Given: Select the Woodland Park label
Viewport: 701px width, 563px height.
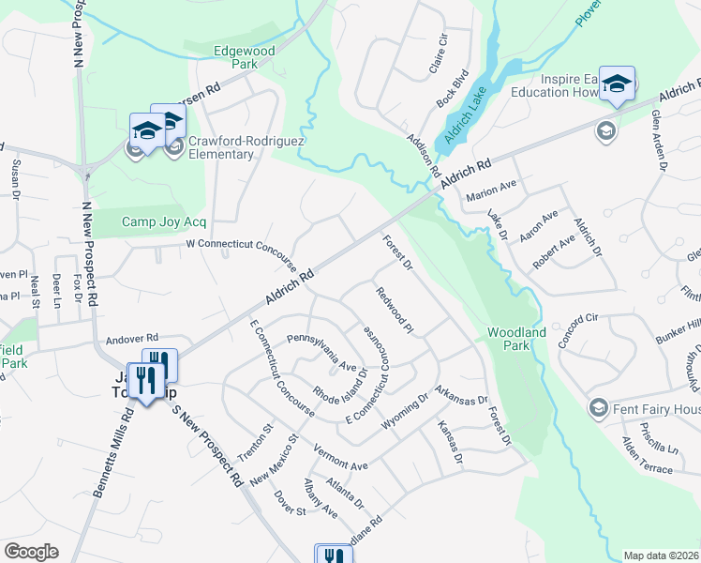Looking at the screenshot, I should [515, 339].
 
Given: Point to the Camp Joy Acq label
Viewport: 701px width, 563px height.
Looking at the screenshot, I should [163, 222].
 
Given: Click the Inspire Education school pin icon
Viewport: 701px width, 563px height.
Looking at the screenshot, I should [617, 84].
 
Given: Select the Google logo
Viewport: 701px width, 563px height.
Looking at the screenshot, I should [31, 552].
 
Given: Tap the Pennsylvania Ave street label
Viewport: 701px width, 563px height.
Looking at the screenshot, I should [321, 352].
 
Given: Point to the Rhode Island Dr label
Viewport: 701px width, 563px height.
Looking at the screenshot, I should [339, 382].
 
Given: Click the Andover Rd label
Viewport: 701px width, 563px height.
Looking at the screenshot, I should [133, 339].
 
